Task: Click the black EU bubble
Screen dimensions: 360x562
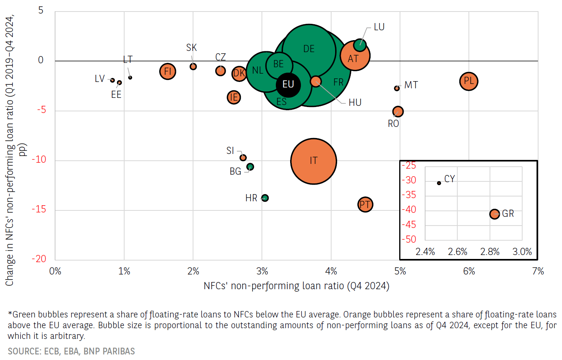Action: [288, 85]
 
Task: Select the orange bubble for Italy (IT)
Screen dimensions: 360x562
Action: [314, 161]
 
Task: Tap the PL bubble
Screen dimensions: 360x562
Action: [468, 82]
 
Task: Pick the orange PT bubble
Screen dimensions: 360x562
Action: [365, 204]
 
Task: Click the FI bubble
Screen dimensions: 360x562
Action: [168, 72]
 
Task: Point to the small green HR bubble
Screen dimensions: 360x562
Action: [265, 198]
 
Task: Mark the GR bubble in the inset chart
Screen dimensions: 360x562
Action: [494, 214]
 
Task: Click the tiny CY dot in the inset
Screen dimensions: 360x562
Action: [439, 183]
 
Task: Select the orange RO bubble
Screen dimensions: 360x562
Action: [398, 112]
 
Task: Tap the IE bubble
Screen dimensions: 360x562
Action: [234, 97]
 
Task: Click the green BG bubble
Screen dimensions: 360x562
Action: [250, 167]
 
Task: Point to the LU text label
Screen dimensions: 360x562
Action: [379, 27]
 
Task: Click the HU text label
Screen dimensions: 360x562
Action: [355, 103]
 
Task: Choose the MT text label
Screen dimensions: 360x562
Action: [411, 85]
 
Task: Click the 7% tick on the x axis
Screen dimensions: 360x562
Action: [538, 271]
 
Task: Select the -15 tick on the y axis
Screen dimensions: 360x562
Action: [39, 209]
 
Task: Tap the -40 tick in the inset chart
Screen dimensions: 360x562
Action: [409, 210]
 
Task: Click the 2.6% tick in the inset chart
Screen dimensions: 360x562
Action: [457, 252]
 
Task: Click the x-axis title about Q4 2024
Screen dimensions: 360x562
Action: [296, 286]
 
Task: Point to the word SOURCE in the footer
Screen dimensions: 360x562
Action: [24, 351]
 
